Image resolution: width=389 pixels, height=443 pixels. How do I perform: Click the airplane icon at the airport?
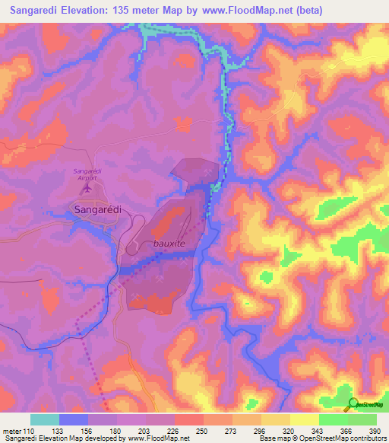(x=87, y=186)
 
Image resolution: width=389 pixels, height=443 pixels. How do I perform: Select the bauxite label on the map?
(x=169, y=244)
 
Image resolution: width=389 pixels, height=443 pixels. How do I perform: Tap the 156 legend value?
(x=87, y=430)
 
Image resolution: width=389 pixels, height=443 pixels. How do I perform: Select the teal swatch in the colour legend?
(x=44, y=419)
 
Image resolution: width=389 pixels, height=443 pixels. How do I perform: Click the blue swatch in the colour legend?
(x=73, y=419)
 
